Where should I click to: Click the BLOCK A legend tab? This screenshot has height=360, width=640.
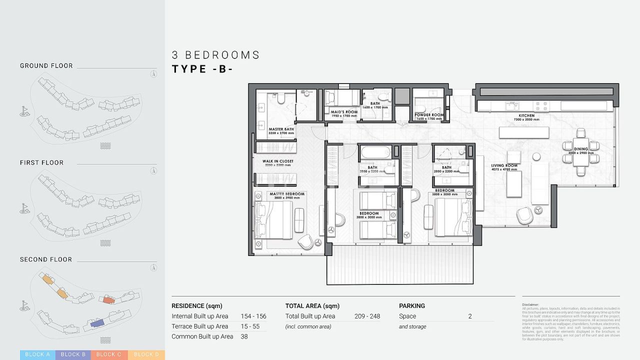pyautogui.click(x=37, y=354)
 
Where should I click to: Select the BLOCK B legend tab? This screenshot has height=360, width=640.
pyautogui.click(x=73, y=354)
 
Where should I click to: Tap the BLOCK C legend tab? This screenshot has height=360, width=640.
pyautogui.click(x=109, y=354)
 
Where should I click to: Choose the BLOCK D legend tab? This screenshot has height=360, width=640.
pyautogui.click(x=146, y=354)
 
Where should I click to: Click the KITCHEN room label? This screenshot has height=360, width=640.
pyautogui.click(x=526, y=115)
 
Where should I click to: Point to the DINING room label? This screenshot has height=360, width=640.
pyautogui.click(x=580, y=149)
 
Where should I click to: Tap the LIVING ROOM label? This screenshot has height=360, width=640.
pyautogui.click(x=504, y=165)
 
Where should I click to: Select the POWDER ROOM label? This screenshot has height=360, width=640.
pyautogui.click(x=429, y=115)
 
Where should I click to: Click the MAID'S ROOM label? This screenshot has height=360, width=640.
pyautogui.click(x=344, y=112)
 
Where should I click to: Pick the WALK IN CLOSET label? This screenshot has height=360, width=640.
pyautogui.click(x=278, y=161)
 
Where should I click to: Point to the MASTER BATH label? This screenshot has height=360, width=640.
pyautogui.click(x=281, y=129)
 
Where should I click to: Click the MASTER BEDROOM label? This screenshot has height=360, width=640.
pyautogui.click(x=286, y=194)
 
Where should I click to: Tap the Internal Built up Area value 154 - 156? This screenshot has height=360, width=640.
pyautogui.click(x=253, y=316)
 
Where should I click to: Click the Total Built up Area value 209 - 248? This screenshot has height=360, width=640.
pyautogui.click(x=367, y=316)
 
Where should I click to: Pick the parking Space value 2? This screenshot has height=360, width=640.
pyautogui.click(x=470, y=316)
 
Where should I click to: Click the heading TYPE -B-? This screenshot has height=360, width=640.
pyautogui.click(x=202, y=69)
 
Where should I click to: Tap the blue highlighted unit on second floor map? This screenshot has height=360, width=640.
pyautogui.click(x=97, y=324)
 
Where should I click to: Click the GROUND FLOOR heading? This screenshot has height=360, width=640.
pyautogui.click(x=46, y=65)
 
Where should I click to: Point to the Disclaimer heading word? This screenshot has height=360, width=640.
pyautogui.click(x=530, y=304)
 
